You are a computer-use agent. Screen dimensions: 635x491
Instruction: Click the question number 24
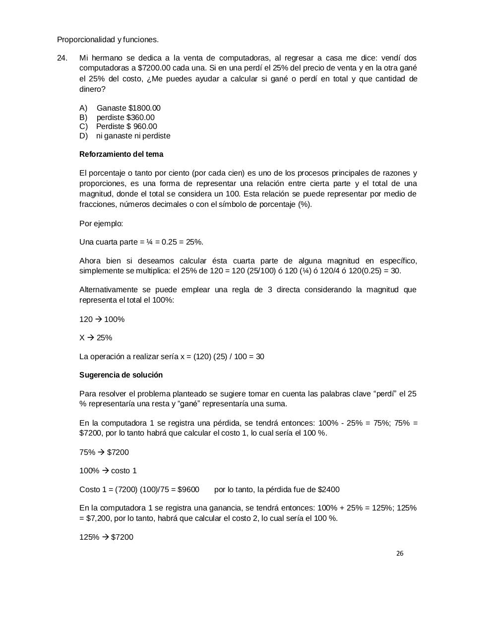point(62,58)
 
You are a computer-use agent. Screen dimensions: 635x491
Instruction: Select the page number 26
point(400,554)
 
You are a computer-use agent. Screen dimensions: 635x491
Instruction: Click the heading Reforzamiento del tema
point(121,154)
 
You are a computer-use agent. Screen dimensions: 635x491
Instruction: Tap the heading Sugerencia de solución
point(121,375)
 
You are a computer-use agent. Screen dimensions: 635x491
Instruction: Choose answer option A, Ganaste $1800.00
point(128,108)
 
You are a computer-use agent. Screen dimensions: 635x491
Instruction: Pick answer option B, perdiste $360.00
point(125,118)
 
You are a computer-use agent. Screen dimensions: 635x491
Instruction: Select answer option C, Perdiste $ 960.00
point(126,127)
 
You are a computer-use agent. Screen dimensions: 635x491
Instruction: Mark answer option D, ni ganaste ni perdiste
point(133,136)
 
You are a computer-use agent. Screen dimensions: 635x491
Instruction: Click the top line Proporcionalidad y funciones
point(108,40)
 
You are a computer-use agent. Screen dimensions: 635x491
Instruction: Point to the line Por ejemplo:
point(101,224)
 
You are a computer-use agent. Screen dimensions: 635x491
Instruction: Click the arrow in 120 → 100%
point(98,319)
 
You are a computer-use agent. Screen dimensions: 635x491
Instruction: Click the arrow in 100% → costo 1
point(105,471)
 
